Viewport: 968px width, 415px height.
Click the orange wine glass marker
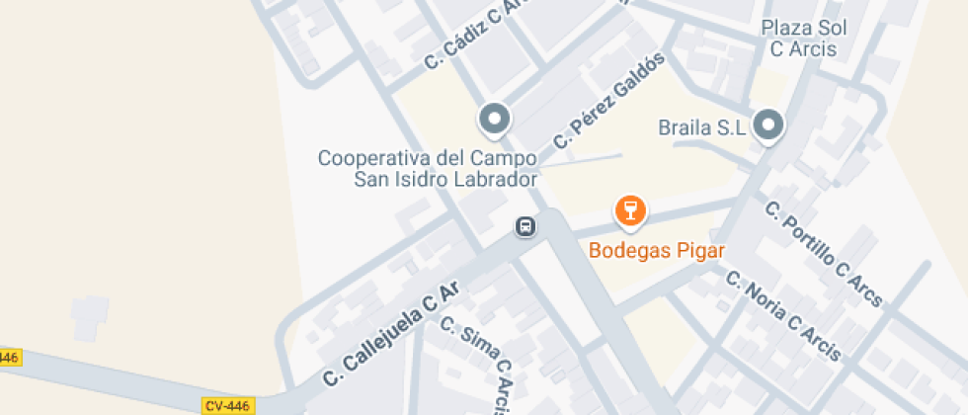(x=629, y=209)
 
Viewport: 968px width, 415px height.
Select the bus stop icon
(x=525, y=227)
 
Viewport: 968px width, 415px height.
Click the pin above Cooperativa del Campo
(x=494, y=120)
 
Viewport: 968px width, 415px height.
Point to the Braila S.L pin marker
(x=768, y=125)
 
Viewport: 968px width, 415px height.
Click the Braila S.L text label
(x=700, y=127)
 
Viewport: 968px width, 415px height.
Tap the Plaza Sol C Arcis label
(x=798, y=38)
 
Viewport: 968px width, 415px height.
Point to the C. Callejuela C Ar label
(x=392, y=334)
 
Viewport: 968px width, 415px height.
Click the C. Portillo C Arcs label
(x=824, y=255)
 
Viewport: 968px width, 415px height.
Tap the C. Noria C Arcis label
(x=782, y=315)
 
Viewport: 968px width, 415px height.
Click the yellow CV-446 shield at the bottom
(x=229, y=405)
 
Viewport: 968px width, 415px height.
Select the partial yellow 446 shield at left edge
(x=8, y=357)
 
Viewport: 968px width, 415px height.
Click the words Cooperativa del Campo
(x=427, y=158)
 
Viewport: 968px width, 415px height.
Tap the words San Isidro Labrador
(x=444, y=179)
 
